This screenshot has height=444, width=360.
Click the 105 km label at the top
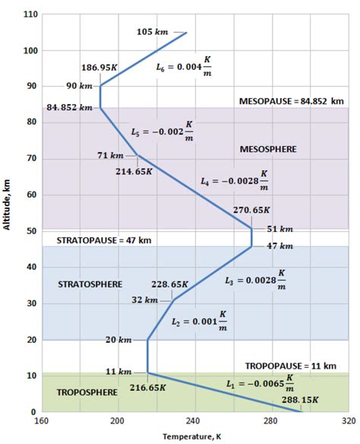click(x=152, y=32)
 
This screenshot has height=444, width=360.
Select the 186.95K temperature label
click(x=99, y=68)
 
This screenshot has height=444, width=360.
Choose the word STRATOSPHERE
click(x=90, y=284)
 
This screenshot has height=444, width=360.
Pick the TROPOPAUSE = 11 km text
click(x=290, y=366)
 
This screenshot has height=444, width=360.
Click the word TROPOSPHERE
click(x=87, y=392)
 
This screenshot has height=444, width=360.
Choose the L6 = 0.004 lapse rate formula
click(x=185, y=69)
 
